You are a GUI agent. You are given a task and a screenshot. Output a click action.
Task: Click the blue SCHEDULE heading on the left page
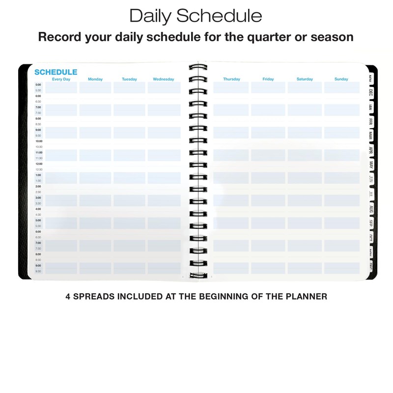tap(56, 72)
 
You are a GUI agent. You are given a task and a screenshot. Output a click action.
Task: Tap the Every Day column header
tap(61, 79)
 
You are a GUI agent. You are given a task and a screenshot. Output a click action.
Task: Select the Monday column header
tap(95, 79)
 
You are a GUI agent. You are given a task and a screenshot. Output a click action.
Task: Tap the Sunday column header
tap(341, 79)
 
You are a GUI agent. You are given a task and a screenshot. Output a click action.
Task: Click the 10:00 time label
tap(39, 141)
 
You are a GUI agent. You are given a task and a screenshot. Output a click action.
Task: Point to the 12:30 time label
tap(39, 169)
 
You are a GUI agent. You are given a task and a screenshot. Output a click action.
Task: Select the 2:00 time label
tap(38, 187)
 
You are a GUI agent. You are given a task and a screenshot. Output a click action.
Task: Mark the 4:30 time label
tap(38, 215)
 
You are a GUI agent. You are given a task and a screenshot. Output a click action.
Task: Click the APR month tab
tap(371, 150)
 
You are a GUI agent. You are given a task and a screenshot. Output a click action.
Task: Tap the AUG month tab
tap(371, 209)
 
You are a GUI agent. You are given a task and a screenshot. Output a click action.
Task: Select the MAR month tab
tap(371, 135)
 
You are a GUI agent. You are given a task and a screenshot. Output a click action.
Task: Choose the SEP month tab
tap(371, 224)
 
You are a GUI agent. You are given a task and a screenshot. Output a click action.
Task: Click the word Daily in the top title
tap(150, 16)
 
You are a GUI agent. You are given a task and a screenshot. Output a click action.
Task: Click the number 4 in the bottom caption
tap(68, 297)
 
